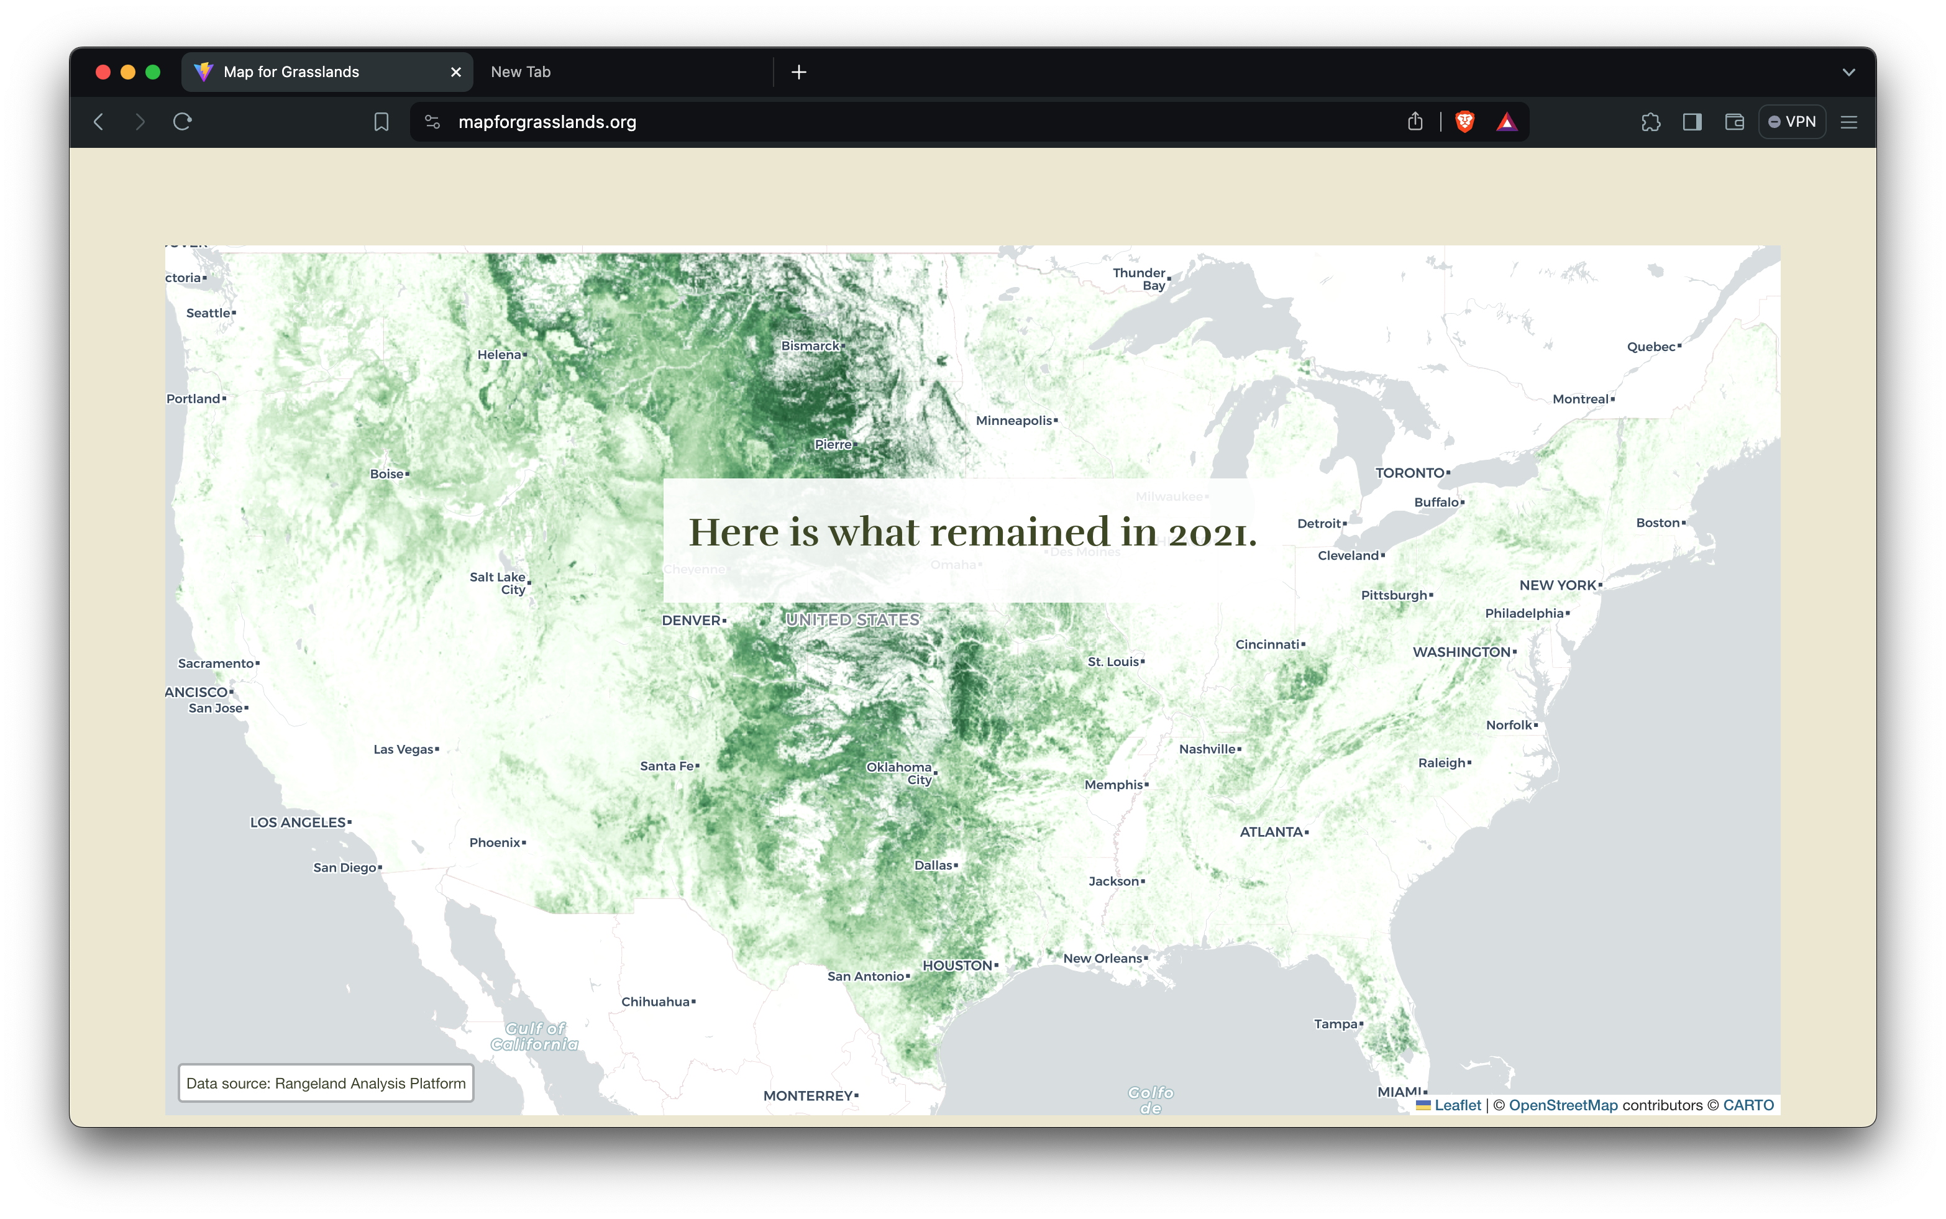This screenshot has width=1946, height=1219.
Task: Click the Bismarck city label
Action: tap(811, 346)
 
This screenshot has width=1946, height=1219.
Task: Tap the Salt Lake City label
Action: tap(498, 583)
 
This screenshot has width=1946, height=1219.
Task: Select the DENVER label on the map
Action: tap(692, 620)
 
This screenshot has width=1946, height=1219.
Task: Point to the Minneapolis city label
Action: tap(1014, 421)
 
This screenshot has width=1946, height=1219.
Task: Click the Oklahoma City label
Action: tap(900, 773)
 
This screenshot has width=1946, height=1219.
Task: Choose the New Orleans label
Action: tap(1103, 959)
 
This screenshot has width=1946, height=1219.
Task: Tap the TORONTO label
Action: tap(1410, 473)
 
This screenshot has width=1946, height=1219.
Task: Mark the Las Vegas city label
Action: tap(404, 750)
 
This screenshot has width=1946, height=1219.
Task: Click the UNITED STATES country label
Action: tap(853, 620)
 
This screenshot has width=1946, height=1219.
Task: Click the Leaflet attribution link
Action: tap(1458, 1105)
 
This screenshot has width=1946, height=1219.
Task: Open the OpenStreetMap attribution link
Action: tap(1563, 1105)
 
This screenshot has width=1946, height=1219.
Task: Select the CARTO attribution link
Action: tap(1748, 1105)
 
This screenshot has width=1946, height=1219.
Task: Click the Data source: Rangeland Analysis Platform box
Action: tap(326, 1084)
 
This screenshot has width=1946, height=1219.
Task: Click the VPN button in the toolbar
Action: tap(1792, 122)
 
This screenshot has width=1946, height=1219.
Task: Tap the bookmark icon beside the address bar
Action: tap(381, 122)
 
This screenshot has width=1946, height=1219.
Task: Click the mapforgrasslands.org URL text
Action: tap(547, 122)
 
